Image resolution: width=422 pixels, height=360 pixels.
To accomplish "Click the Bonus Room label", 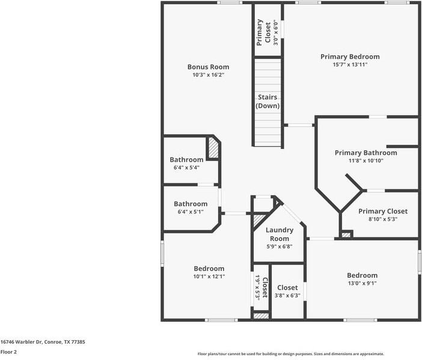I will pyautogui.click(x=208, y=67).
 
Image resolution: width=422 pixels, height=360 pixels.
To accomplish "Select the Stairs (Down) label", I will pyautogui.click(x=267, y=101).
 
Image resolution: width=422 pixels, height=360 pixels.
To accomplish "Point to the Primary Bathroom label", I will pyautogui.click(x=365, y=153).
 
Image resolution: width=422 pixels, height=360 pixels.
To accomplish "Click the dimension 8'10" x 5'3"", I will pyautogui.click(x=382, y=219).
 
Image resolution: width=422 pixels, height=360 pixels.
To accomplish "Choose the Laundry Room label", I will pyautogui.click(x=280, y=234).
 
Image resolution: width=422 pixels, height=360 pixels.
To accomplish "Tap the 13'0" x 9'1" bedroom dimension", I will pyautogui.click(x=362, y=283).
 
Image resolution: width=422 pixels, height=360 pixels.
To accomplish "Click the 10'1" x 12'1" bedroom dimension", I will pyautogui.click(x=209, y=276).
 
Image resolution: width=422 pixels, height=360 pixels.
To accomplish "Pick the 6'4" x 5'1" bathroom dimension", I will pyautogui.click(x=191, y=212).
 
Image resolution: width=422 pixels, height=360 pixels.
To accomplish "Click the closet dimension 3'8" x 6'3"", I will pyautogui.click(x=287, y=296).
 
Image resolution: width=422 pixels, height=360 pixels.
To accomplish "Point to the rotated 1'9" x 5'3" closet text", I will pyautogui.click(x=257, y=287).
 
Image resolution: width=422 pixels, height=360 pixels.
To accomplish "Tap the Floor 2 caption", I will pyautogui.click(x=8, y=352).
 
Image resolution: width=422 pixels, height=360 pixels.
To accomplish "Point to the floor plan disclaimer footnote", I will pyautogui.click(x=291, y=354).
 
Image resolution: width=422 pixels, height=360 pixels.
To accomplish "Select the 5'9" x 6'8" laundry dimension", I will pyautogui.click(x=280, y=246).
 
